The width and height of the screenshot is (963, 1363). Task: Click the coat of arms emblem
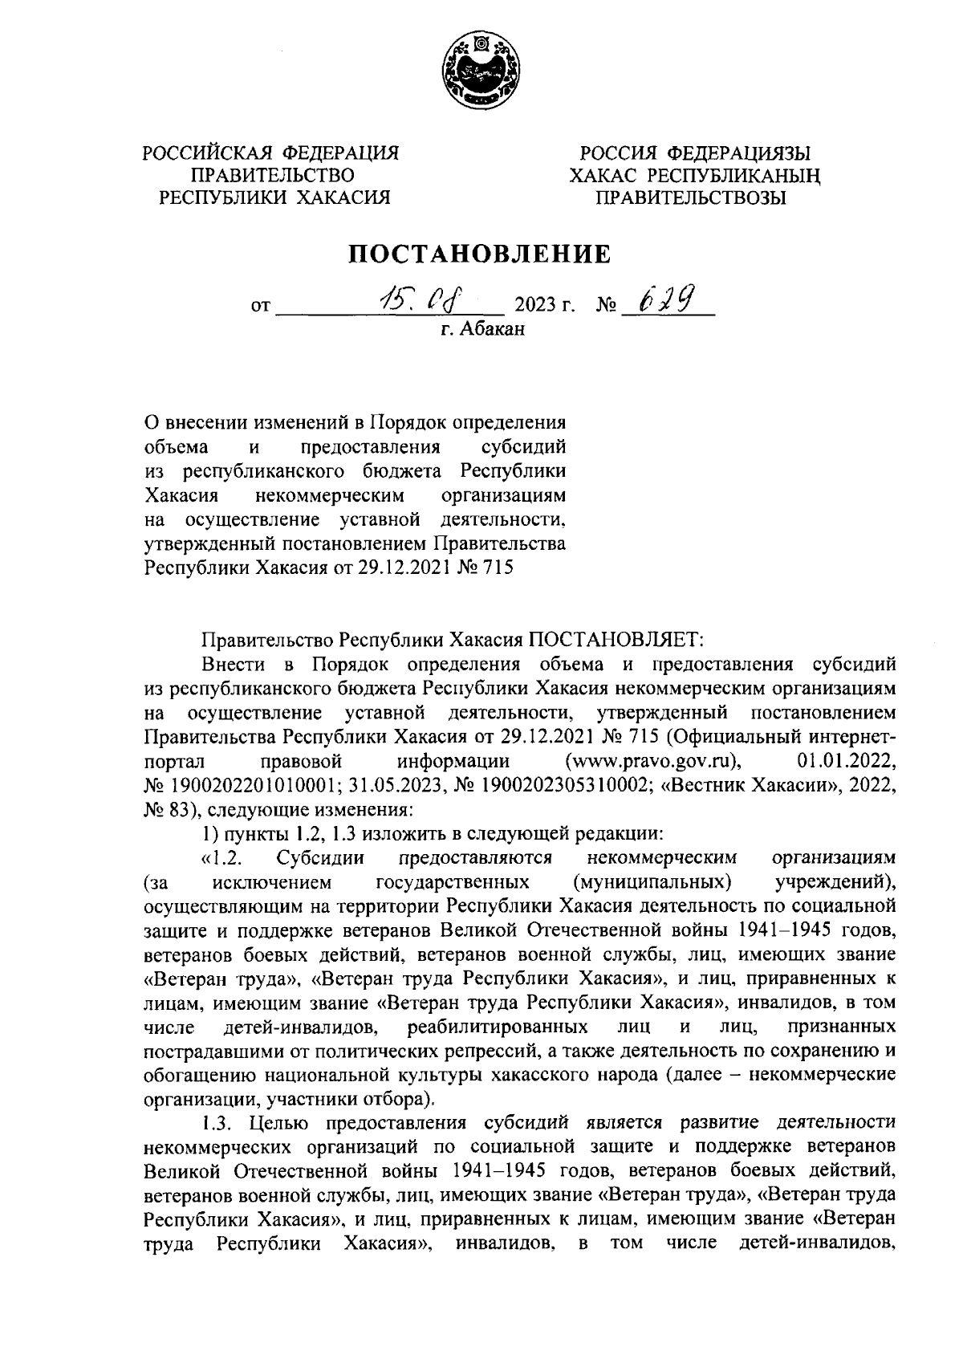coord(481,72)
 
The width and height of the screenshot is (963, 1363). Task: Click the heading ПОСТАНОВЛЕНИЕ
coord(479,254)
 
